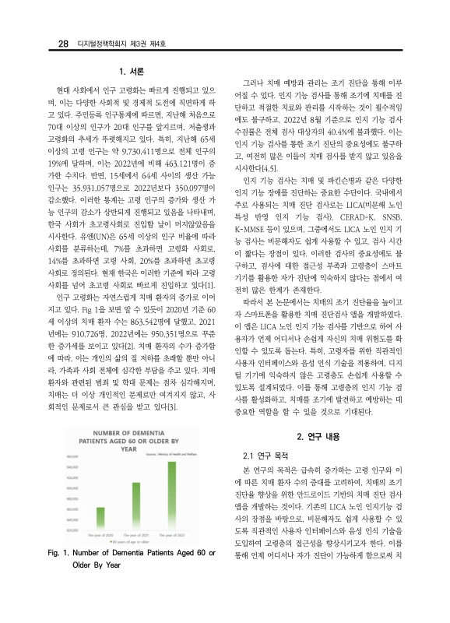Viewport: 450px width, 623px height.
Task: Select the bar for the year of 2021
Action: point(135,507)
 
